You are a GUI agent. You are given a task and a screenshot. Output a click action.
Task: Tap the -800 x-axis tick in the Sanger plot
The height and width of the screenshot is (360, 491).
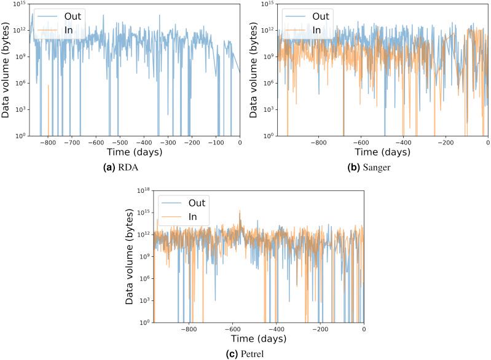point(318,142)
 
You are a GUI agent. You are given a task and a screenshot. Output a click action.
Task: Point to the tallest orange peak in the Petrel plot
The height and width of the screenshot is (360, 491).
point(240,211)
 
